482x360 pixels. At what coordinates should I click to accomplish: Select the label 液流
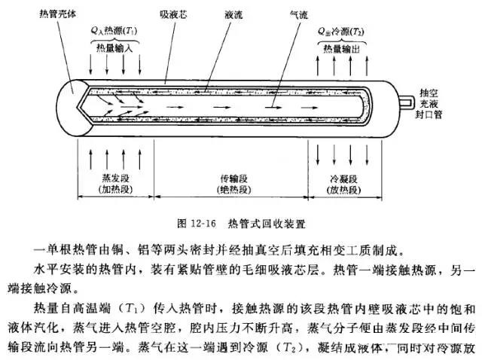pyautogui.click(x=234, y=14)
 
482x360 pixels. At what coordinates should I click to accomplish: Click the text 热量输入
pyautogui.click(x=115, y=47)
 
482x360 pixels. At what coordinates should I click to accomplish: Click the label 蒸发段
pyautogui.click(x=111, y=178)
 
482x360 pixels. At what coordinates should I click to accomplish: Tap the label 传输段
pyautogui.click(x=233, y=178)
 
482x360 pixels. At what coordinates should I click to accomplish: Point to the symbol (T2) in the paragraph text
pyautogui.click(x=258, y=348)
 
